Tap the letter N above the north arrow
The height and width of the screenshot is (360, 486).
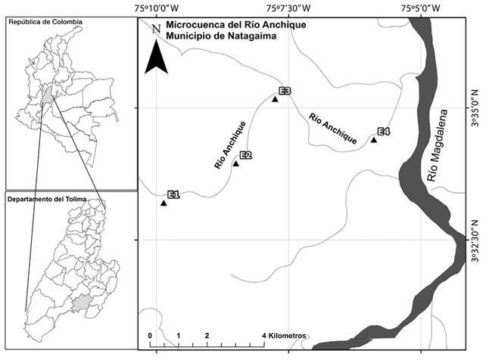[x=155, y=29]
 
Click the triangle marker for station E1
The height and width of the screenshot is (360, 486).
[x=164, y=203]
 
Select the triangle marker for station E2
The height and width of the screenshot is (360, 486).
[x=235, y=163]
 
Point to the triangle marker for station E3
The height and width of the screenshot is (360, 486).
[x=275, y=99]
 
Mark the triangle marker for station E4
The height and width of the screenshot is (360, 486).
[x=374, y=139]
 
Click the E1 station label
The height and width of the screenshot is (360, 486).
[x=173, y=195]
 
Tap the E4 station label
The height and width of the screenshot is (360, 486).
[x=384, y=132]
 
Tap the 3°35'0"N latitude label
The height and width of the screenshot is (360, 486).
[x=476, y=109]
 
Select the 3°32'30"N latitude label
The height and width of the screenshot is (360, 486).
[x=476, y=241]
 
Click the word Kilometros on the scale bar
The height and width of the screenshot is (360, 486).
[x=285, y=335]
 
